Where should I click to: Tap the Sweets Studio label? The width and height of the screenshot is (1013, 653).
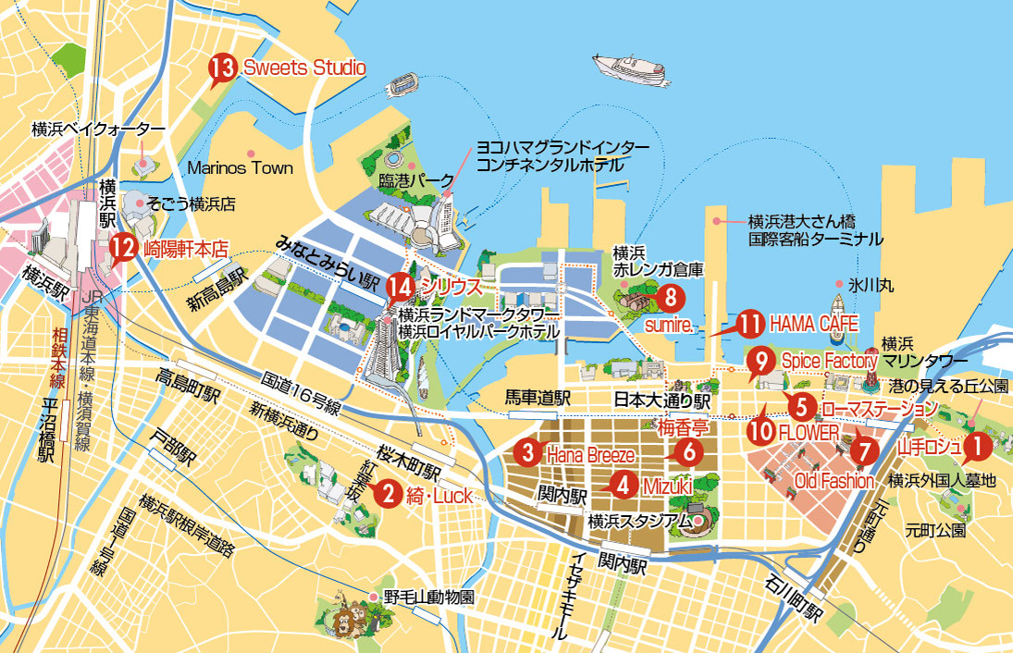pyautogui.click(x=304, y=68)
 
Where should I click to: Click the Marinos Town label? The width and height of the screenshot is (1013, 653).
pyautogui.click(x=240, y=168)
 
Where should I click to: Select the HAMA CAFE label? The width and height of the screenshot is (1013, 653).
pyautogui.click(x=814, y=324)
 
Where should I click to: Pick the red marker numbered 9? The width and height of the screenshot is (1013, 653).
pyautogui.click(x=760, y=359)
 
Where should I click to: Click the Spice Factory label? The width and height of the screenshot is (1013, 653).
pyautogui.click(x=828, y=360)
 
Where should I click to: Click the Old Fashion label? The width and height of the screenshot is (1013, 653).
pyautogui.click(x=834, y=481)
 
